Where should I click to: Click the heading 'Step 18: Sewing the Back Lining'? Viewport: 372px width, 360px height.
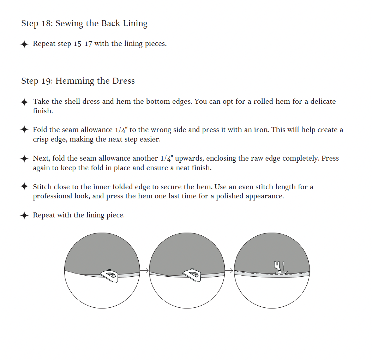84,24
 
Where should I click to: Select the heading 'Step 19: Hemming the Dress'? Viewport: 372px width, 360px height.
78,81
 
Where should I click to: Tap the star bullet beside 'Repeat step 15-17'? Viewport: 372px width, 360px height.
24,44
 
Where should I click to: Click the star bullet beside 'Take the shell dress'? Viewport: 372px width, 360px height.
24,102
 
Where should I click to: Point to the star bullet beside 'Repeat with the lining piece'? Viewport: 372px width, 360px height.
24,216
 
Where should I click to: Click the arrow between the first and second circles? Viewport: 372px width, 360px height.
144,271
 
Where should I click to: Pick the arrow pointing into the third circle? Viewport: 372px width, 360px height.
229,271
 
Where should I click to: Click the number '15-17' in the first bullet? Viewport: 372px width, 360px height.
83,44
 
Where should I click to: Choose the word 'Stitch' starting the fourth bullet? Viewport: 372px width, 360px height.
42,187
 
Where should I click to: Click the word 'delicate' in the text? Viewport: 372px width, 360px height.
323,102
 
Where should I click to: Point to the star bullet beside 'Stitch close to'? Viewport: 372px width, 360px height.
24,186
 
